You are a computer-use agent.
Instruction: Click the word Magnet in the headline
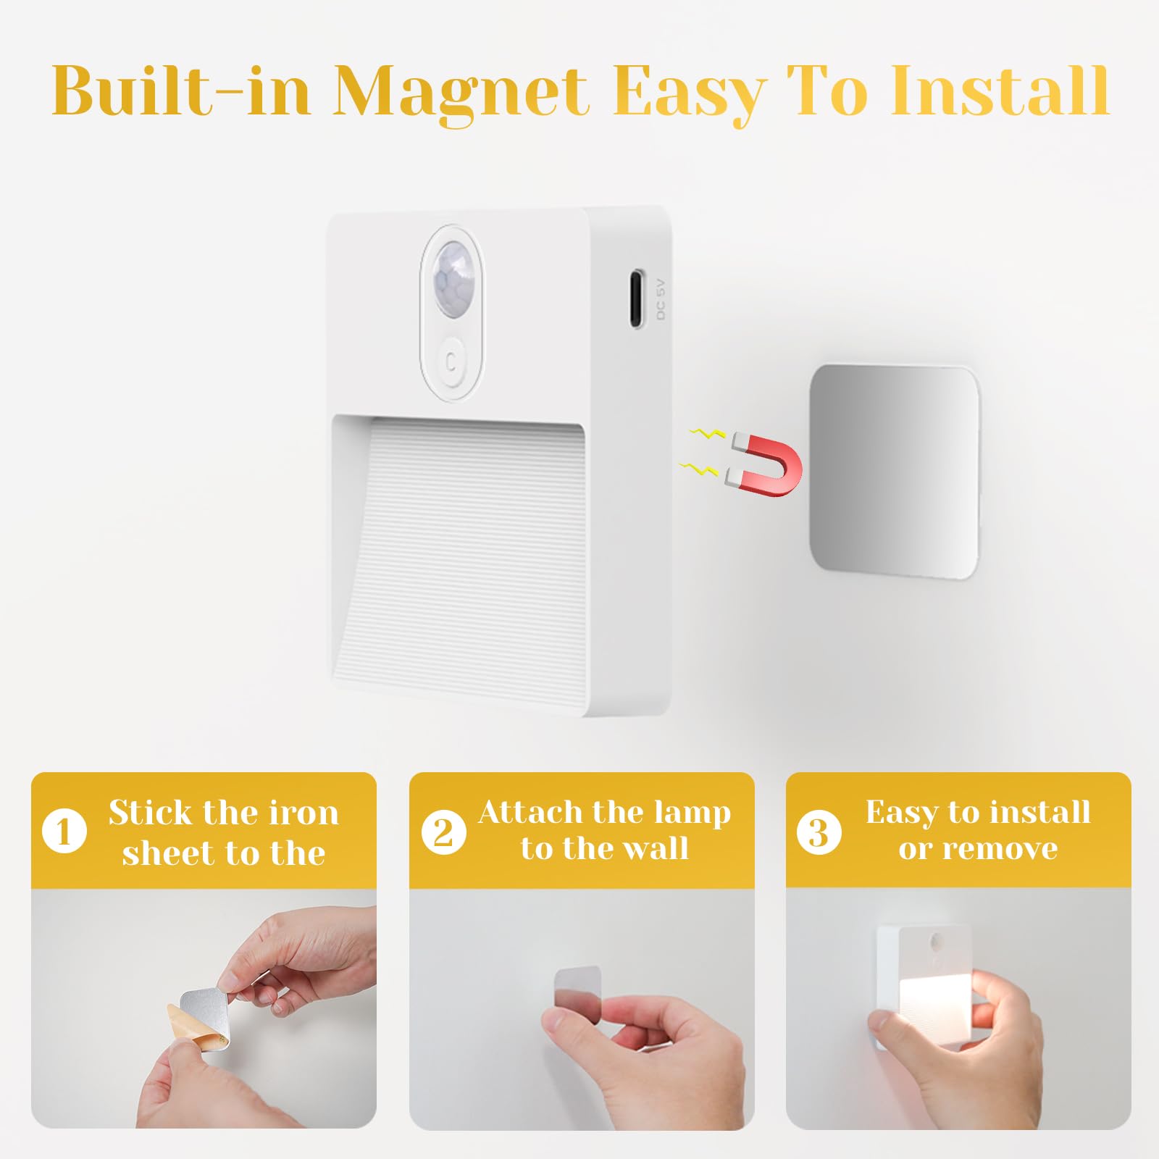(460, 93)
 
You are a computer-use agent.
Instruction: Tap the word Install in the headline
(1000, 91)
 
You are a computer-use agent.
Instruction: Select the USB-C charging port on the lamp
(636, 298)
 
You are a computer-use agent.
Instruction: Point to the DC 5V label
(660, 299)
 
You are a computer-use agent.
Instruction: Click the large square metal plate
(893, 471)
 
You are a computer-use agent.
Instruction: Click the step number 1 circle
(64, 831)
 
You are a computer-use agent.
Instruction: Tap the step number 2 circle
(443, 831)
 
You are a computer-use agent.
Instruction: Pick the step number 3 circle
(819, 832)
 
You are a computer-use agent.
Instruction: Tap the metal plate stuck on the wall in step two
(577, 985)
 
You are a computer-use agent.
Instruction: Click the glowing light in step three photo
(924, 1003)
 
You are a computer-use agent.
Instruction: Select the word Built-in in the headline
(181, 93)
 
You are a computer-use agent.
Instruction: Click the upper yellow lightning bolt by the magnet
(707, 435)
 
